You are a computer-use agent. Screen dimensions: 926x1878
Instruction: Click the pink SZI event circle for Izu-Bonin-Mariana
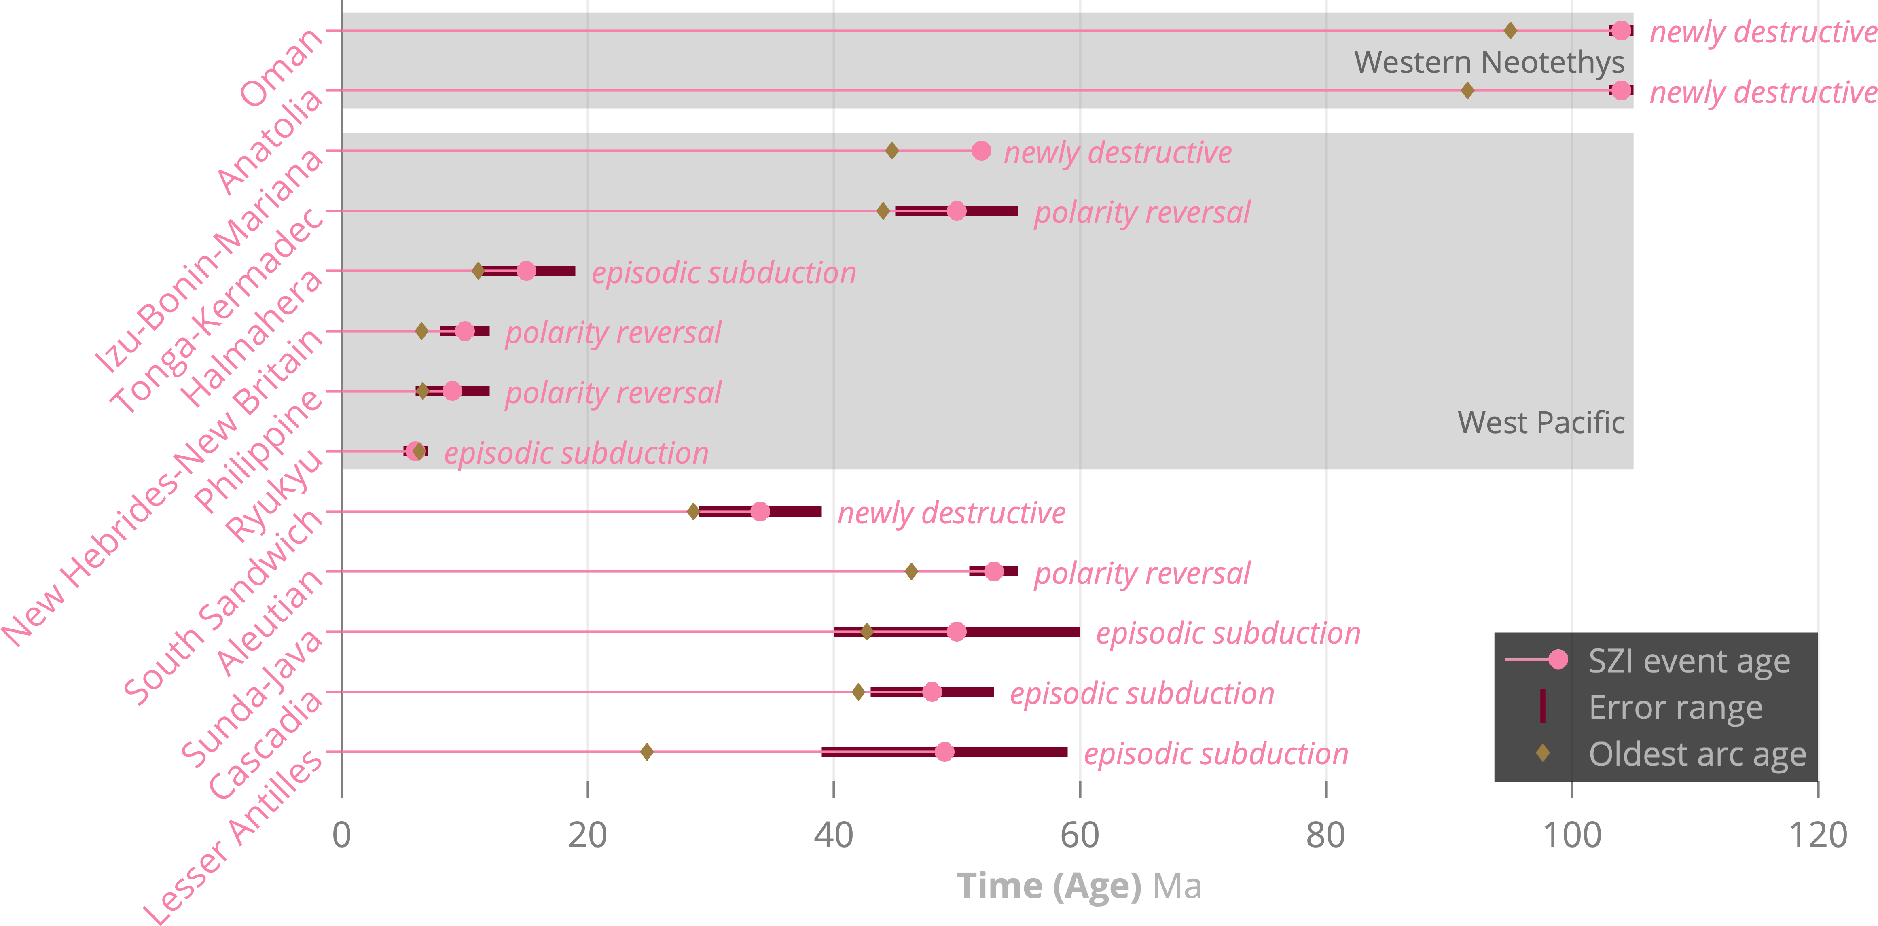(x=981, y=151)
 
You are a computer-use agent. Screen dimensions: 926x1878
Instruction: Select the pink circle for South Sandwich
(x=760, y=512)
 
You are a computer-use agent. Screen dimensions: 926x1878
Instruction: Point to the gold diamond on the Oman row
(x=1511, y=31)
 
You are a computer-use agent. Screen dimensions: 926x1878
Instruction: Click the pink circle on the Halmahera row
(x=526, y=271)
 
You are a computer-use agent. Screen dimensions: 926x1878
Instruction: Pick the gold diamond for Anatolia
(x=1467, y=90)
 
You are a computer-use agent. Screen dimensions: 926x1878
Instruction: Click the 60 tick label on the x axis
(x=1080, y=835)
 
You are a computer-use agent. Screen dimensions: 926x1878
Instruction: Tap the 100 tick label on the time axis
(x=1572, y=835)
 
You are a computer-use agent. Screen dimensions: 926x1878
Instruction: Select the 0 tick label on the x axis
(x=341, y=835)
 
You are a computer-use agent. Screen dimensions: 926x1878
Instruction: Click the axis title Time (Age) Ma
(x=1079, y=886)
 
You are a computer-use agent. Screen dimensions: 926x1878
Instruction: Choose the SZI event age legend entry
(x=1688, y=661)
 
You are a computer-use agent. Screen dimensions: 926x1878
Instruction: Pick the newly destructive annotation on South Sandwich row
(x=951, y=513)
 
